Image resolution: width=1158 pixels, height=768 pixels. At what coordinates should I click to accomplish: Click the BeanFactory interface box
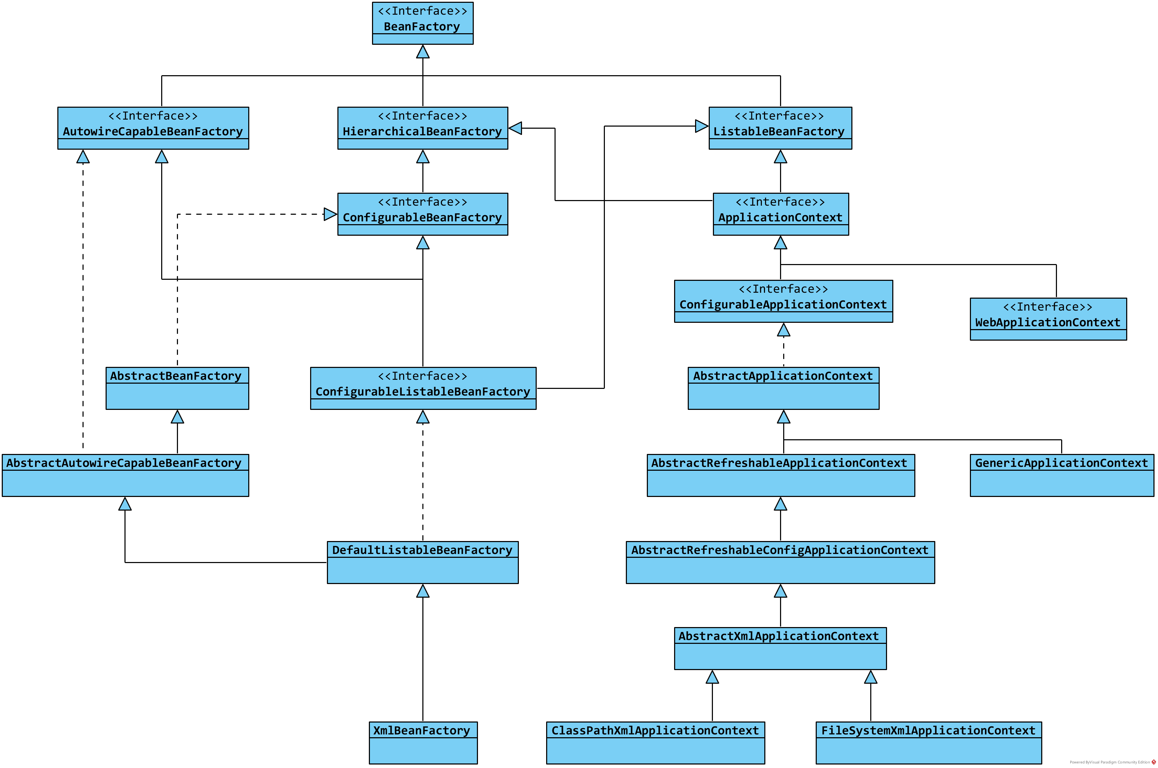[x=423, y=23]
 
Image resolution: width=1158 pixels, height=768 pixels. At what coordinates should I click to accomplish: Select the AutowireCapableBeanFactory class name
[x=153, y=131]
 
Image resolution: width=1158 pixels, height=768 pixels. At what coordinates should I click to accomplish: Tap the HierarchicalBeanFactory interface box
[x=423, y=128]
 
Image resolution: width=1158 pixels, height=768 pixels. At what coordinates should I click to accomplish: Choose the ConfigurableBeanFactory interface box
[x=423, y=214]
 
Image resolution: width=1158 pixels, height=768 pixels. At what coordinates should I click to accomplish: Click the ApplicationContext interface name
[x=780, y=218]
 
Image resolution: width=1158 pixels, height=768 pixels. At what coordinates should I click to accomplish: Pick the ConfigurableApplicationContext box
[x=784, y=301]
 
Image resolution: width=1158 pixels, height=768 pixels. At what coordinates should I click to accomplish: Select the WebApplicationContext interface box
[x=1048, y=319]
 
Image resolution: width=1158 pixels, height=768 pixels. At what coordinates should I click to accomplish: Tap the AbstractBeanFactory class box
[x=177, y=389]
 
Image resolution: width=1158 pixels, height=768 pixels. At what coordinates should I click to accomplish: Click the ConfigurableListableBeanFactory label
[x=423, y=392]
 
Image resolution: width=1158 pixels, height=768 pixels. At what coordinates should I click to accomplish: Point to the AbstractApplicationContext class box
[x=784, y=389]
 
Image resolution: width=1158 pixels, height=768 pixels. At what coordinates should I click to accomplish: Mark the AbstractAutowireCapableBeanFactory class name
[x=124, y=463]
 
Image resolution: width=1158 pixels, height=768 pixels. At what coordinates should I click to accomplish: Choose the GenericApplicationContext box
[x=1062, y=476]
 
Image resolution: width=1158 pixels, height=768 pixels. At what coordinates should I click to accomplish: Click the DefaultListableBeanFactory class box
[x=423, y=562]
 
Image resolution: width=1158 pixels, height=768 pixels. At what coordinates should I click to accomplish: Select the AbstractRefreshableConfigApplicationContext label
[x=779, y=550]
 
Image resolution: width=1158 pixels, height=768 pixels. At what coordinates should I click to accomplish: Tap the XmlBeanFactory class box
[x=423, y=742]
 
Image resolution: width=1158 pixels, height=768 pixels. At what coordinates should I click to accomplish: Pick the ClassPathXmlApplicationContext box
[x=656, y=742]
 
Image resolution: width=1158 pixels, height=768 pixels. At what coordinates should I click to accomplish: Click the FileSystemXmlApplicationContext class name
[x=928, y=730]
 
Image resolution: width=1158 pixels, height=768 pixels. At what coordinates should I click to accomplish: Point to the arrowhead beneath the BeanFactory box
[x=423, y=51]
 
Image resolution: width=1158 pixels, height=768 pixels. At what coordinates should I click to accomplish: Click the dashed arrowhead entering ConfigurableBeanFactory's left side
[x=330, y=214]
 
